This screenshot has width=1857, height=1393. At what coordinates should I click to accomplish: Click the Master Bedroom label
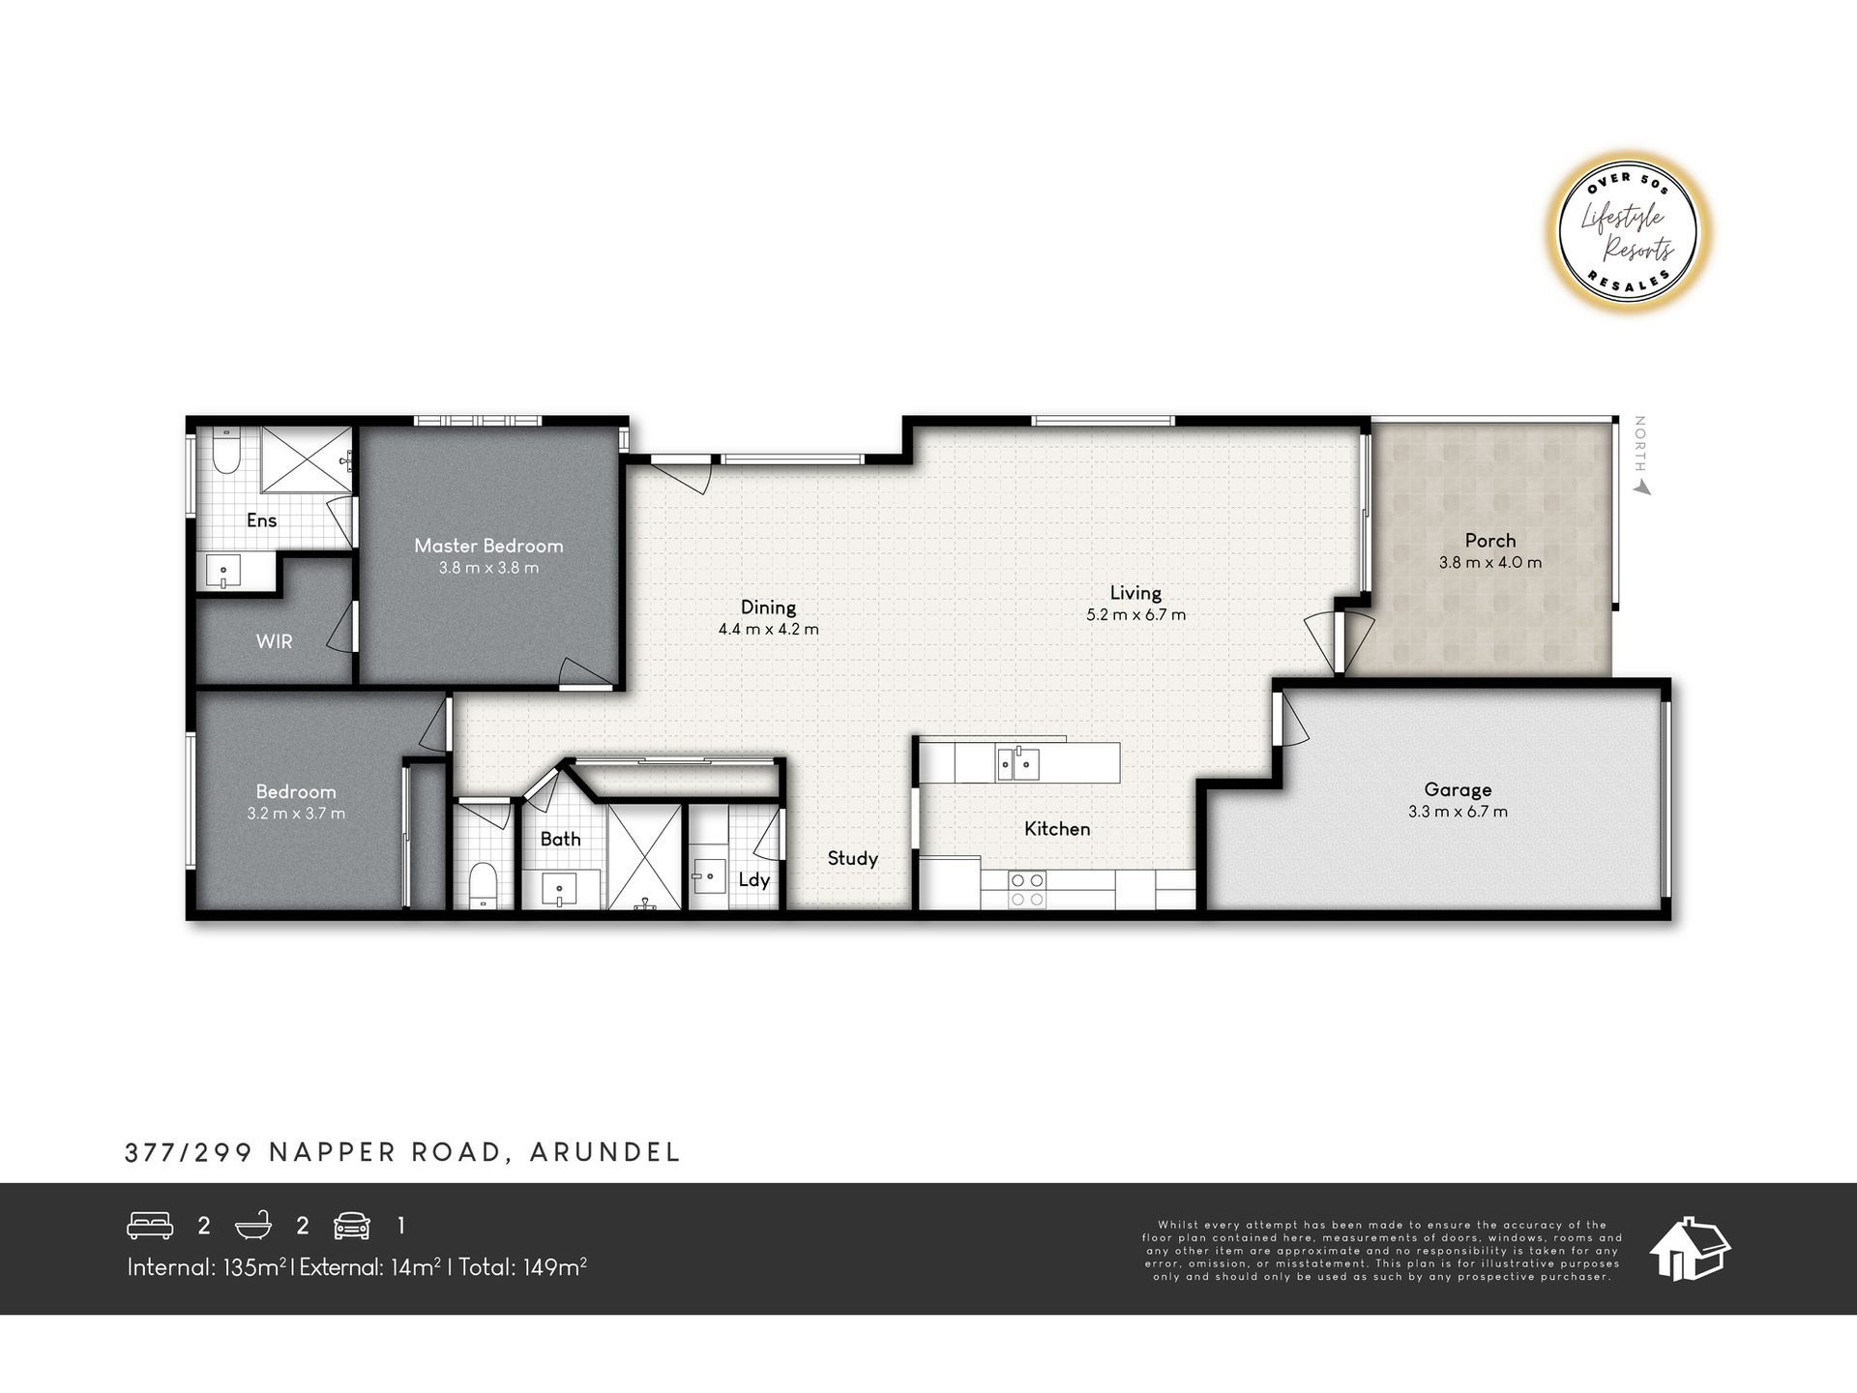488,546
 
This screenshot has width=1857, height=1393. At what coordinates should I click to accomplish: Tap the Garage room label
1458,790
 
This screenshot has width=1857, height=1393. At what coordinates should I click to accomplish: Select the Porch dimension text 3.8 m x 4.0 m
1490,562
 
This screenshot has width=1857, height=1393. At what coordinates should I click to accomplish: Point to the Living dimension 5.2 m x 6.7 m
1135,614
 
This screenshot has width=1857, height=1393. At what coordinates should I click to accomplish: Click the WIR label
274,641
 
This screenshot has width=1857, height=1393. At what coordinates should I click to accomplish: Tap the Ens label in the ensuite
261,520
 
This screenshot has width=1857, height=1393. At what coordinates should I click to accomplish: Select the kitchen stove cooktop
1027,890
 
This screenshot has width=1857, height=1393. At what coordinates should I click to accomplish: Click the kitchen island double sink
1018,764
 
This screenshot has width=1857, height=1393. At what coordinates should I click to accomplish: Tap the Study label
852,859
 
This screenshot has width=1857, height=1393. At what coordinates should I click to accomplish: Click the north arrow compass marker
1640,456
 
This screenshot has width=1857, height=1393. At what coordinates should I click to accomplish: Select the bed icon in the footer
150,1226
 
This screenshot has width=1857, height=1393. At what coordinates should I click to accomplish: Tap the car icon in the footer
351,1226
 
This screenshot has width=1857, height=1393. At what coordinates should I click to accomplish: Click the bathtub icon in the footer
252,1226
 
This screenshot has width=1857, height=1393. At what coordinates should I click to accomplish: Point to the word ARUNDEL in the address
605,1152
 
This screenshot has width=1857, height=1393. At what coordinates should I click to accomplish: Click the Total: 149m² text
522,1267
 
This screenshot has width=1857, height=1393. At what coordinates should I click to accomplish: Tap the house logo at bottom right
1690,1249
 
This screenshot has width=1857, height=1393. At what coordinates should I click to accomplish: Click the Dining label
768,608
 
